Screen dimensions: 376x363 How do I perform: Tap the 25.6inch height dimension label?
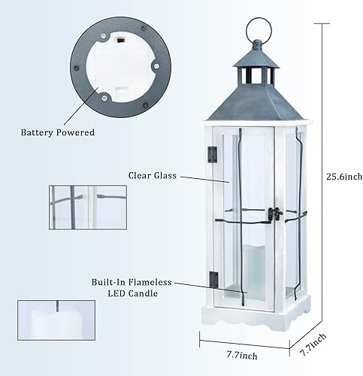344,177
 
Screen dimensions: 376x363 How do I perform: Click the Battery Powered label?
58,132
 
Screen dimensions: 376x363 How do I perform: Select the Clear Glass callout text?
152,175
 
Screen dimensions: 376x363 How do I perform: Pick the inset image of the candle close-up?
56,321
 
